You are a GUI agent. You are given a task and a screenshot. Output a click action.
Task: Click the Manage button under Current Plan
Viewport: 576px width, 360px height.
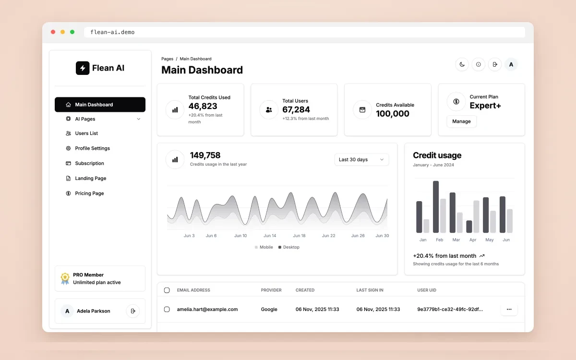[x=461, y=121]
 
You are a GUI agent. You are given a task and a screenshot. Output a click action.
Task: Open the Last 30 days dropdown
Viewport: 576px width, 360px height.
[x=361, y=159]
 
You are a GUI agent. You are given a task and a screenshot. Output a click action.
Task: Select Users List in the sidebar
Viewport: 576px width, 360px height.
[x=86, y=133]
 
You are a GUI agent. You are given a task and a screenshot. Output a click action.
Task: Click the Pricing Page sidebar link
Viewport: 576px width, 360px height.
[x=89, y=193]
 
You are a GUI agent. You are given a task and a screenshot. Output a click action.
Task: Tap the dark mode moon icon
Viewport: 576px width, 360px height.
[x=462, y=64]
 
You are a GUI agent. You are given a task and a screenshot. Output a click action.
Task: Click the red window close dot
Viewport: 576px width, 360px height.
[x=53, y=32]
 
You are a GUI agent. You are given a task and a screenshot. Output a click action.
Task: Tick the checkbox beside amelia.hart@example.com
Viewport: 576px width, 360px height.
[x=167, y=309]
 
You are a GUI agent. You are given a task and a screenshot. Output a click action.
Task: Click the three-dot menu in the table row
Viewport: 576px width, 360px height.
[x=509, y=309]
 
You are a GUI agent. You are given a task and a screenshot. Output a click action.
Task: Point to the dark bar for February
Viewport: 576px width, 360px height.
[x=436, y=207]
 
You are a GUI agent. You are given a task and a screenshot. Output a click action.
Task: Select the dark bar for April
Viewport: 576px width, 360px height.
[x=469, y=227]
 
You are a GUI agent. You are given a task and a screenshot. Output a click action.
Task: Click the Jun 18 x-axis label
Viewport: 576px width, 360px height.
[x=299, y=236]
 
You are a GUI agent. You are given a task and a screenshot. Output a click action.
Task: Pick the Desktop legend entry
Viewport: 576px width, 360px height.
[x=289, y=247]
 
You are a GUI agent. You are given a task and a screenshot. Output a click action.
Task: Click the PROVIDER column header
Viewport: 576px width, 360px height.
[x=271, y=290]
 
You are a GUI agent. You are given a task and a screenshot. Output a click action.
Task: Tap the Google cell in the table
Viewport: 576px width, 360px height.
[x=269, y=309]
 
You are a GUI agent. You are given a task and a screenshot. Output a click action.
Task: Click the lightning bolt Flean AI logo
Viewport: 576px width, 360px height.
[x=83, y=68]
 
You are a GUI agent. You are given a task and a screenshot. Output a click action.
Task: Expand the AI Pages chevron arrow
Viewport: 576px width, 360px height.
[x=139, y=119]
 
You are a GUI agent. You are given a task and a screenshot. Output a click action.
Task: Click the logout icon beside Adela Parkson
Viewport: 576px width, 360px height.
[x=133, y=311]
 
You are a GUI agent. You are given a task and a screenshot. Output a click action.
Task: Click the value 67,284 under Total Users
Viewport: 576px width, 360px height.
[x=296, y=109]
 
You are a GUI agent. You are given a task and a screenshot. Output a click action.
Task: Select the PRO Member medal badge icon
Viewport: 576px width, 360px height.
[x=65, y=278]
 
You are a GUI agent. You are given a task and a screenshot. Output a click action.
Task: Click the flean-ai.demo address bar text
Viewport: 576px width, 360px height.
[x=112, y=32]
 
